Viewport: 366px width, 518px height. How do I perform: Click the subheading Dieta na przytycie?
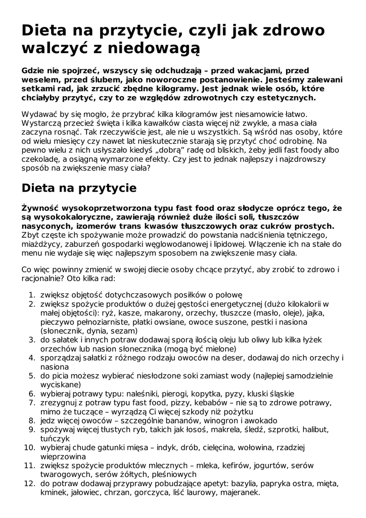point(79,188)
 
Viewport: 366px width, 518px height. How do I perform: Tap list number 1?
point(30,295)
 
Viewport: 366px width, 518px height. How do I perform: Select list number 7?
point(30,402)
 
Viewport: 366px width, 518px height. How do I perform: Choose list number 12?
point(28,483)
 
